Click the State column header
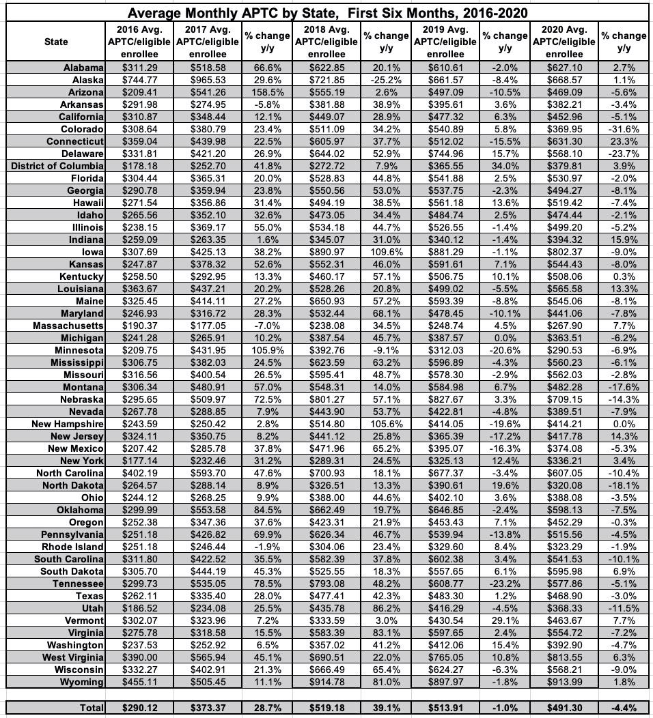[x=56, y=42]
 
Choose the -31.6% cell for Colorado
[x=624, y=129]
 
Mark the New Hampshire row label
[x=68, y=424]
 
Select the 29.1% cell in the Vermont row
[x=505, y=620]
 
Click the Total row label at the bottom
[x=92, y=708]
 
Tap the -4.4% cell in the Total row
[x=624, y=708]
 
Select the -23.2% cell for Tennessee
[x=505, y=584]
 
